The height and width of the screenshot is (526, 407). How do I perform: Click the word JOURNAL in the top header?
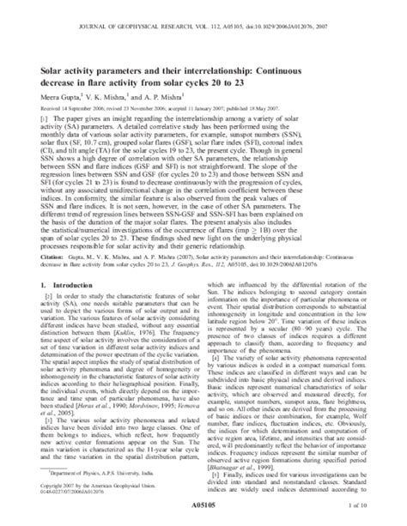coord(109,10)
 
